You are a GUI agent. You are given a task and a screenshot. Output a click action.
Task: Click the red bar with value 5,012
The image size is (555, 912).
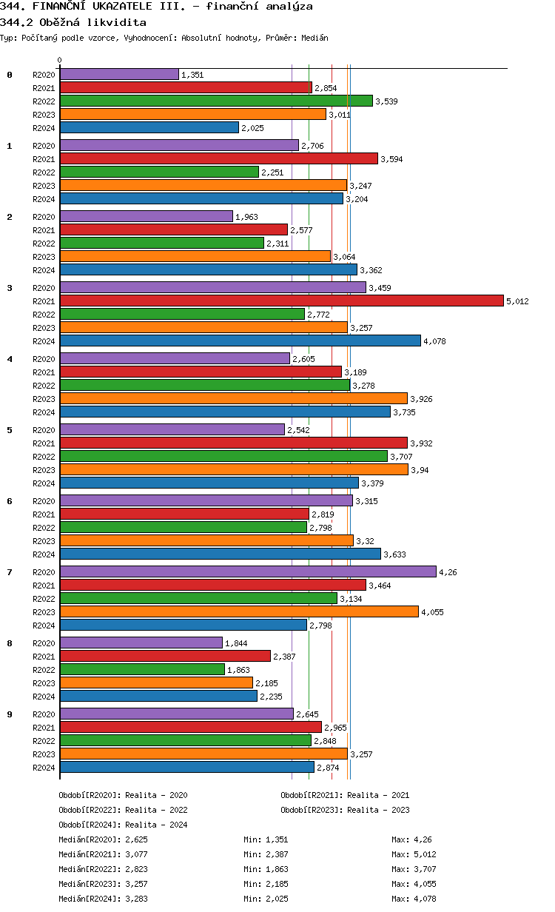281,301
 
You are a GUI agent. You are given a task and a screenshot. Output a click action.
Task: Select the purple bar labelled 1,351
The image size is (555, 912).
119,74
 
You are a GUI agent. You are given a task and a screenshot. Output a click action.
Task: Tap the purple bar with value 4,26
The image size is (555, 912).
248,571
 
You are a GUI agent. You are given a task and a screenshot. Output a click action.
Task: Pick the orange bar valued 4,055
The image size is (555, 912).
239,611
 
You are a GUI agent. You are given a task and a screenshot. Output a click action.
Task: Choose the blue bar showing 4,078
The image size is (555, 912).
240,341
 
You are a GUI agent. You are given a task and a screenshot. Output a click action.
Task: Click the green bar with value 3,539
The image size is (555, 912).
216,101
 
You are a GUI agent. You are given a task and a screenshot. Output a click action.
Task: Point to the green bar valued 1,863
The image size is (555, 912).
142,669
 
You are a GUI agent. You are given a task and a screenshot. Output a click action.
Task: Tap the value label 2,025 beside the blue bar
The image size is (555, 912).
252,128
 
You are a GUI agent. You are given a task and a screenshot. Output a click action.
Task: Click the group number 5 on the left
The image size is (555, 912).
10,430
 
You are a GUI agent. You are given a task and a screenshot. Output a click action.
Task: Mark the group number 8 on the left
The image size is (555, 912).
10,643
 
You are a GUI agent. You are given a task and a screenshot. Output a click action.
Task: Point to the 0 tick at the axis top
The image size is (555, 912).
60,60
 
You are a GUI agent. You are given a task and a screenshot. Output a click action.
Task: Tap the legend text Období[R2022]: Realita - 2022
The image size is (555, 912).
123,810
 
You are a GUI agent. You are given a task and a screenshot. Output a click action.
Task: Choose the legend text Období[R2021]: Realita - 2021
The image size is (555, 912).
345,795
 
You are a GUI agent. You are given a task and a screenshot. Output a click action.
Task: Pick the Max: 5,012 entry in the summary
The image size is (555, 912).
414,854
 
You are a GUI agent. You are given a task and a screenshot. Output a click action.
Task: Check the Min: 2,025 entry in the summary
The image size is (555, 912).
266,899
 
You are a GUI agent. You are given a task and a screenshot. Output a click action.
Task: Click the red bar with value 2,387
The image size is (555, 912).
165,656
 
